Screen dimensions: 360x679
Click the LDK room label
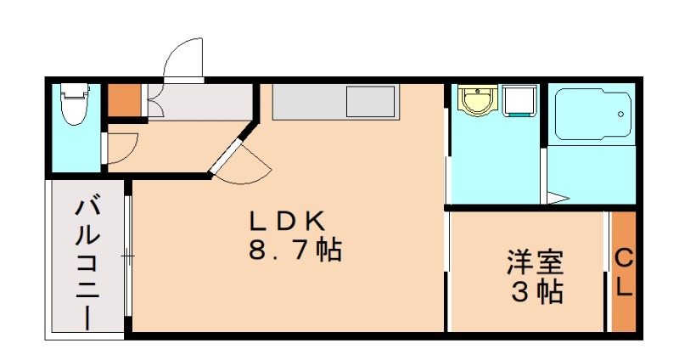point(286,222)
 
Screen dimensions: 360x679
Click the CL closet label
point(624,272)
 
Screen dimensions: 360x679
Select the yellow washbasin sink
point(476,102)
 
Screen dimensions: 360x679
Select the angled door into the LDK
point(229,154)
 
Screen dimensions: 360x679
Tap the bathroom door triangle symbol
point(557,198)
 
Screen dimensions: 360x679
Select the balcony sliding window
point(127,255)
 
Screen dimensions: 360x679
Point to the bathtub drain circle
point(623,114)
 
